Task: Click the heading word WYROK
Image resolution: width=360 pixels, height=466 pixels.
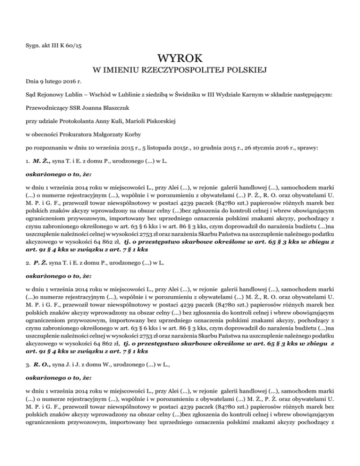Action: pos(180,59)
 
